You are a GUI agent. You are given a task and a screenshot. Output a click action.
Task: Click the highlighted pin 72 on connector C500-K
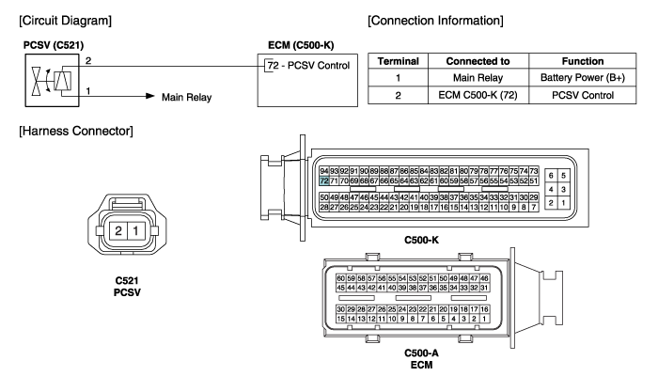point(324,180)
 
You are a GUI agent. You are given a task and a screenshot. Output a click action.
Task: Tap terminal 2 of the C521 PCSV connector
point(118,231)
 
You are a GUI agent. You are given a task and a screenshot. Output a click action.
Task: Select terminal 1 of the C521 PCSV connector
point(135,231)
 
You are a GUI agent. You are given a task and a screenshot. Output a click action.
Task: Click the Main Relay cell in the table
point(478,78)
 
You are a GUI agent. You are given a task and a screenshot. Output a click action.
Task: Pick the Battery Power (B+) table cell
point(583,78)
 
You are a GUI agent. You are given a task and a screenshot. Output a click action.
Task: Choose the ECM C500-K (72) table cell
point(478,95)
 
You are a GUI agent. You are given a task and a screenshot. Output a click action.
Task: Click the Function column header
point(583,61)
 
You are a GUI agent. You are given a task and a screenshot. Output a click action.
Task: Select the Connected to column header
point(478,61)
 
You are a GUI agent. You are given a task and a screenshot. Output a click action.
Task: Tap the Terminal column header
point(399,61)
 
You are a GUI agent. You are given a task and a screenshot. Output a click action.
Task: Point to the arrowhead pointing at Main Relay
point(150,96)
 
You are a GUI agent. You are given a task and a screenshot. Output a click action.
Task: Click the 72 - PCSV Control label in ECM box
point(308,66)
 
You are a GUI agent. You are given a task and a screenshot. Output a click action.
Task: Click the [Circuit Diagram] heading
point(66,21)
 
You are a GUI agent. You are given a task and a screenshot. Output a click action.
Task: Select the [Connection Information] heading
point(435,21)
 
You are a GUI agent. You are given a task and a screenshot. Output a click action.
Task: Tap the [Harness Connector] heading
point(76,131)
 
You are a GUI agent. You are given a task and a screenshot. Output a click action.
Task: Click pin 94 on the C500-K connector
point(324,171)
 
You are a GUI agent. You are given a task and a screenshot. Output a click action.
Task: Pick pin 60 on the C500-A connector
point(340,278)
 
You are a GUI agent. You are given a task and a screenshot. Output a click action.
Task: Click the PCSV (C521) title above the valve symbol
point(54,45)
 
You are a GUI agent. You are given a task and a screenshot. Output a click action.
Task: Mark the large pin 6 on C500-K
point(551,176)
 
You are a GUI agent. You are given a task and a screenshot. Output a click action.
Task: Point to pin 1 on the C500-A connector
point(484,319)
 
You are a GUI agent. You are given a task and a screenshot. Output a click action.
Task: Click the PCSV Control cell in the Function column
point(583,95)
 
